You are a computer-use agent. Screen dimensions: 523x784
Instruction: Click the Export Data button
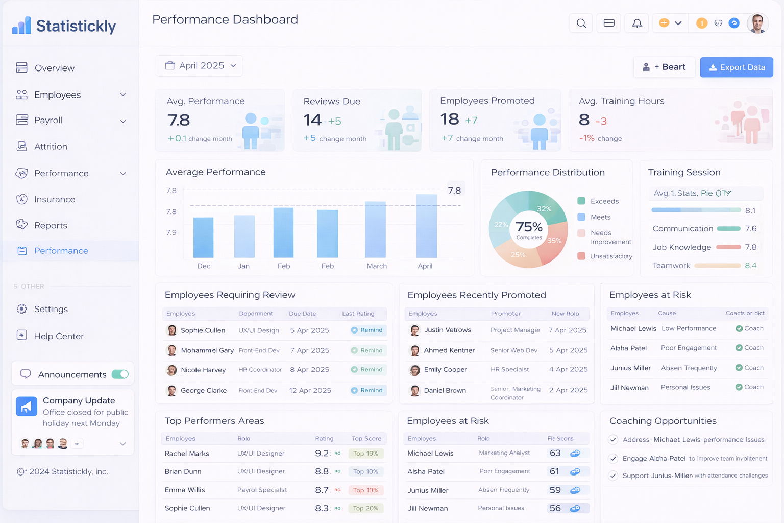click(x=736, y=67)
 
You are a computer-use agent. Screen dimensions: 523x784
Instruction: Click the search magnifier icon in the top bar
click(x=581, y=23)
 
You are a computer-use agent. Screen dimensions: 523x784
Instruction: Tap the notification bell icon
click(x=637, y=23)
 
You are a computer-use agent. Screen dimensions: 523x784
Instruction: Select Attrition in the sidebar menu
click(x=51, y=147)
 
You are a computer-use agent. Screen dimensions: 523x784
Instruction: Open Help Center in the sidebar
click(x=59, y=336)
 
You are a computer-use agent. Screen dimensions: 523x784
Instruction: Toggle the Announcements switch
click(x=120, y=374)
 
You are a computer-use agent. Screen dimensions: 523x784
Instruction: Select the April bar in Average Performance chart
click(x=426, y=226)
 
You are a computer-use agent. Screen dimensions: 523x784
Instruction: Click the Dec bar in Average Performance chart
click(x=203, y=237)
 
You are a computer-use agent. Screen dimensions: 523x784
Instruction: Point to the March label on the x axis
click(x=377, y=266)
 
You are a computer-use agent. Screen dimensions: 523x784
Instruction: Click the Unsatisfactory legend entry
click(x=610, y=256)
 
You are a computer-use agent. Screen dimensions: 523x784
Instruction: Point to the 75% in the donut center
click(x=529, y=227)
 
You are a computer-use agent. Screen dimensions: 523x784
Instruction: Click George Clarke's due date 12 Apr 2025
click(x=310, y=391)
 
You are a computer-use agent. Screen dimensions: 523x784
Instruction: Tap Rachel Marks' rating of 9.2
click(x=322, y=454)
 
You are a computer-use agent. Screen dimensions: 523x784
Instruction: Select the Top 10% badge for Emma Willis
click(x=365, y=490)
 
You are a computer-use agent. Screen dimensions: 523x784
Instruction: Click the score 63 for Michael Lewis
click(x=555, y=454)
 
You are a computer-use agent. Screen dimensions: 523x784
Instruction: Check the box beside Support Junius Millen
click(x=614, y=476)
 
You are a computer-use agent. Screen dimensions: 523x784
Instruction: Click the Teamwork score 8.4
click(x=750, y=266)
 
